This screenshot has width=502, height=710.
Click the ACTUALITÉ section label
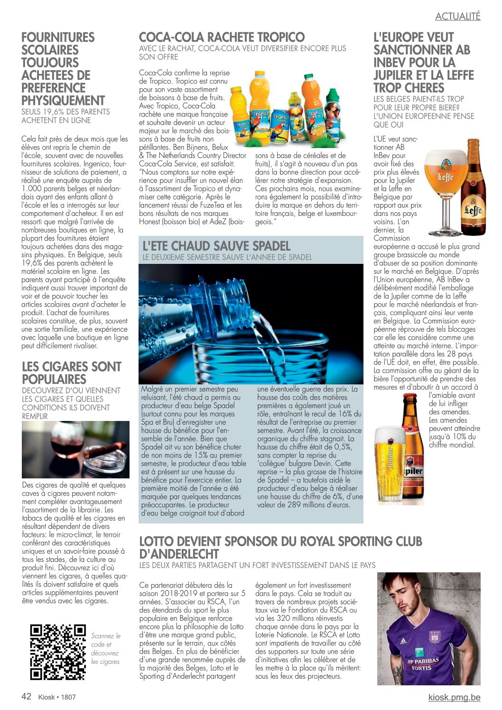click(x=457, y=16)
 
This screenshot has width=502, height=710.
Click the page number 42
click(x=27, y=696)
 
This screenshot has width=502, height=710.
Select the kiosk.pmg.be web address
click(x=454, y=697)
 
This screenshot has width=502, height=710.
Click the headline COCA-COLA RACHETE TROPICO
click(x=222, y=37)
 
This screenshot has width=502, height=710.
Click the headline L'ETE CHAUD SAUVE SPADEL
click(x=216, y=246)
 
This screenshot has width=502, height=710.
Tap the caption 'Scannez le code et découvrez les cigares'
click(x=106, y=648)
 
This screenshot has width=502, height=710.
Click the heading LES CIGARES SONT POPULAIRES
click(x=71, y=373)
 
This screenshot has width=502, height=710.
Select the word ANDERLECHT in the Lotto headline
click(x=179, y=554)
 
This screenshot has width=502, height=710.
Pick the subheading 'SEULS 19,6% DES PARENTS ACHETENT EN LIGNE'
click(x=65, y=116)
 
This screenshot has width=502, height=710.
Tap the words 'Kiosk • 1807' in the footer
click(x=57, y=697)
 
